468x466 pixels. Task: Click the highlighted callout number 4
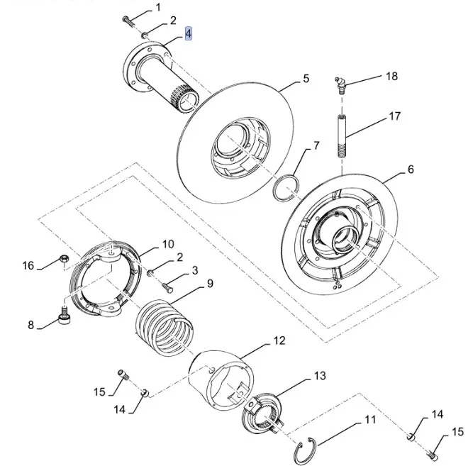189,33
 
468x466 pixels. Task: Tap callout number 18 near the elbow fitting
392,76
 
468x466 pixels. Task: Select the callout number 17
395,116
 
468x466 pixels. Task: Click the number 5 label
306,79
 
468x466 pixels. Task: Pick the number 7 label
316,146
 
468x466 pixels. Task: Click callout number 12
279,341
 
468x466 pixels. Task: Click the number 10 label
167,243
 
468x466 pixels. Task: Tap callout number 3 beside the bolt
194,270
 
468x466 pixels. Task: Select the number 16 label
28,266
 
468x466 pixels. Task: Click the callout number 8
30,326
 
